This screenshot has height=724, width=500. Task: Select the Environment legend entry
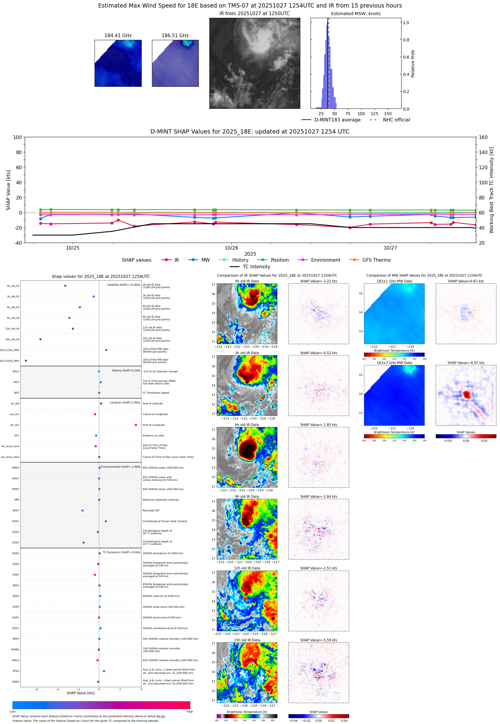(325, 260)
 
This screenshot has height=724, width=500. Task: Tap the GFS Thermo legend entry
(376, 260)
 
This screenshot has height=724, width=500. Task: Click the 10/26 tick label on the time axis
(231, 248)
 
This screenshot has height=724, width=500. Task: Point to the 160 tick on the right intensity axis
(483, 137)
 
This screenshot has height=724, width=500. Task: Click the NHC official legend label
(396, 120)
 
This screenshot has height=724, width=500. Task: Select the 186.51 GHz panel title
(175, 36)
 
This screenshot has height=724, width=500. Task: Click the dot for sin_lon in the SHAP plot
(136, 425)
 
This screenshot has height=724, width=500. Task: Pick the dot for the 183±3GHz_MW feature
(26, 360)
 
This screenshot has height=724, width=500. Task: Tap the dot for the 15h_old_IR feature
(40, 339)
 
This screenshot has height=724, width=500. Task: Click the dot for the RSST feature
(82, 510)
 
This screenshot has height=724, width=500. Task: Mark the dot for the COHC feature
(105, 521)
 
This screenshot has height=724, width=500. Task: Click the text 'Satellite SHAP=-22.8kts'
(124, 285)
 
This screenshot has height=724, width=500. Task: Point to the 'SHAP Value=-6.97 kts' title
(466, 363)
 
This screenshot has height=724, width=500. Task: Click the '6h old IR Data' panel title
(247, 425)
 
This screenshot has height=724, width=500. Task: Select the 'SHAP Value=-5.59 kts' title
(318, 640)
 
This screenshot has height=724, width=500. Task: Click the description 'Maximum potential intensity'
(161, 500)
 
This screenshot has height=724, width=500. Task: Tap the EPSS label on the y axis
(16, 671)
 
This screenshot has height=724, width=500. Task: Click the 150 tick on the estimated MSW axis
(388, 114)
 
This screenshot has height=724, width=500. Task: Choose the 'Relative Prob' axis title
(413, 63)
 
